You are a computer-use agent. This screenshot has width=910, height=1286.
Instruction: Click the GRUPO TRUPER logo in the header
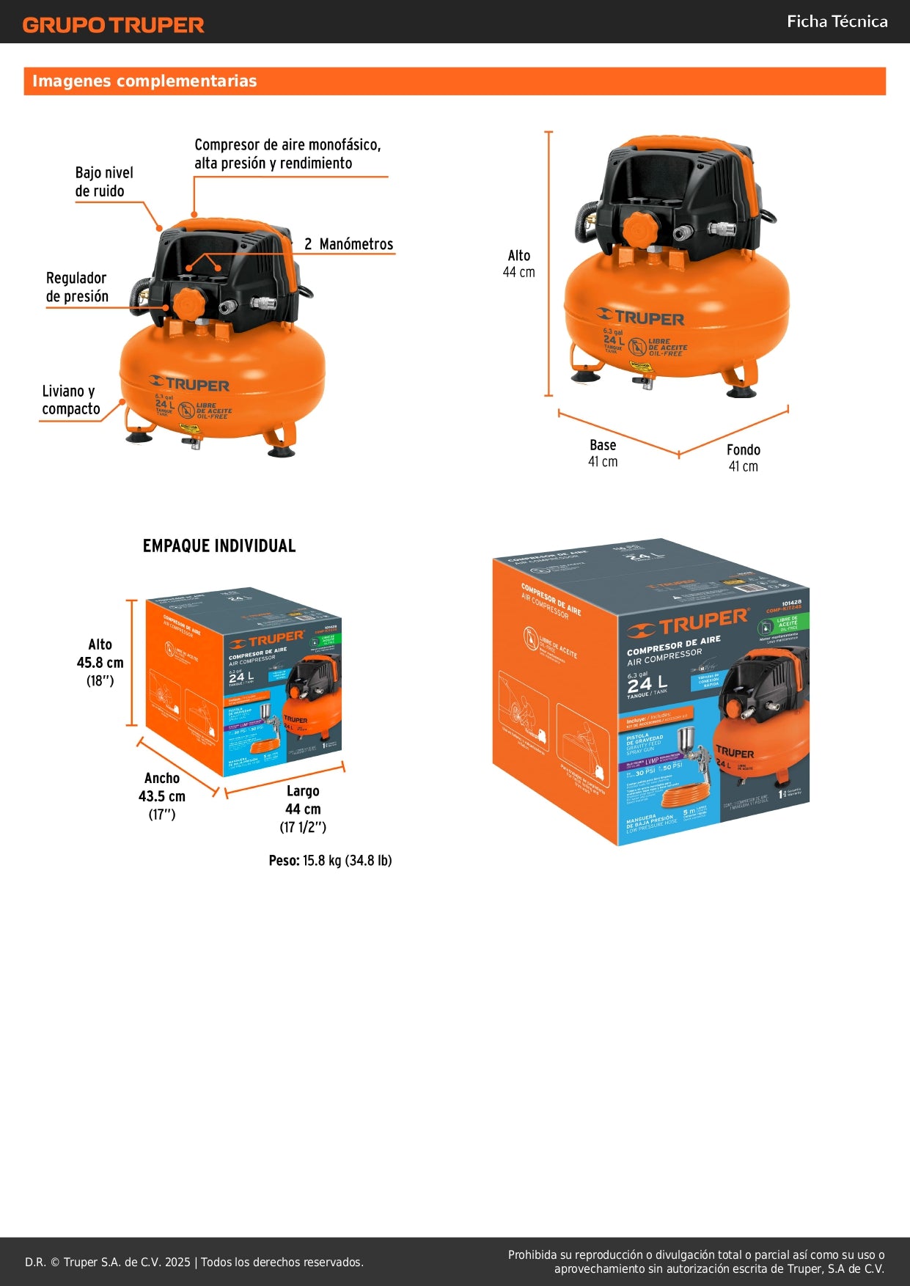113,25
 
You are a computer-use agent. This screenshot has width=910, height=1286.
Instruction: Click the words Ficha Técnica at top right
837,22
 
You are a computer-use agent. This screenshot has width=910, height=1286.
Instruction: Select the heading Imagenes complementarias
144,81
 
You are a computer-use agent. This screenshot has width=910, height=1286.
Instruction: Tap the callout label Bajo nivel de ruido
103,182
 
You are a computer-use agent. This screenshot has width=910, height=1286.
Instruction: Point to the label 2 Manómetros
349,244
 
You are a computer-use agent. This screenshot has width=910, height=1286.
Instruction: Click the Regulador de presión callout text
77,287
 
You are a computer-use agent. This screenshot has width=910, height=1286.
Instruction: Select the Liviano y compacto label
70,400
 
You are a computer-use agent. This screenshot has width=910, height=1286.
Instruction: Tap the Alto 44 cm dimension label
518,264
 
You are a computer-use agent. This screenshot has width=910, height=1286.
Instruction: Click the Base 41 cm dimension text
603,453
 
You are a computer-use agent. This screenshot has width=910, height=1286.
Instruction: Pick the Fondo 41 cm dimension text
743,458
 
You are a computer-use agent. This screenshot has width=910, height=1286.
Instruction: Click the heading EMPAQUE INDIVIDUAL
219,546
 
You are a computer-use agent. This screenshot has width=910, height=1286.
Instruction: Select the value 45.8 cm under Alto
100,663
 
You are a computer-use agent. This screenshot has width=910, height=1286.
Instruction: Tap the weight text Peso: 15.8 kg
330,861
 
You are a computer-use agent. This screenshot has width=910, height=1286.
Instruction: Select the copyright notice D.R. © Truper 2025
194,1262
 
